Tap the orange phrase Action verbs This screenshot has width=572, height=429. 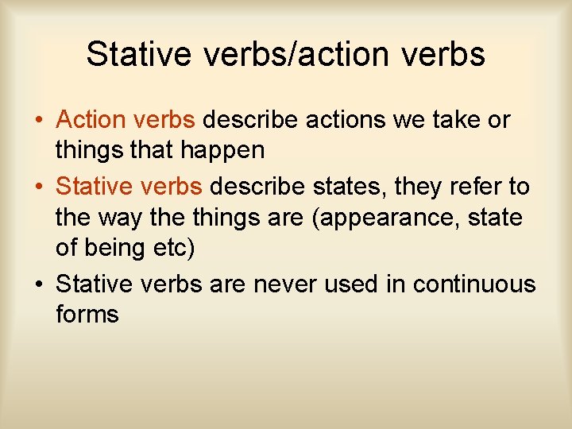[126, 120]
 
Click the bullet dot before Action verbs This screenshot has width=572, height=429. [38, 121]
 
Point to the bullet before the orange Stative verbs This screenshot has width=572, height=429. [38, 187]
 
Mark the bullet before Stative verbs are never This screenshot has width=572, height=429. [38, 284]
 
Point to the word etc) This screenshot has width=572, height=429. [172, 246]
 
